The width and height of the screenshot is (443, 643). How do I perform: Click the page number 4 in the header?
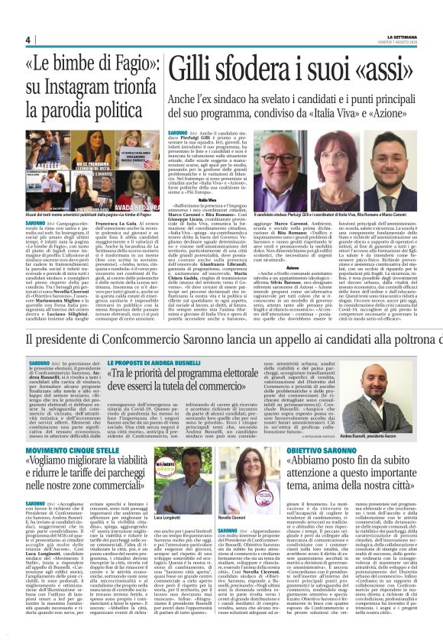(27, 40)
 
